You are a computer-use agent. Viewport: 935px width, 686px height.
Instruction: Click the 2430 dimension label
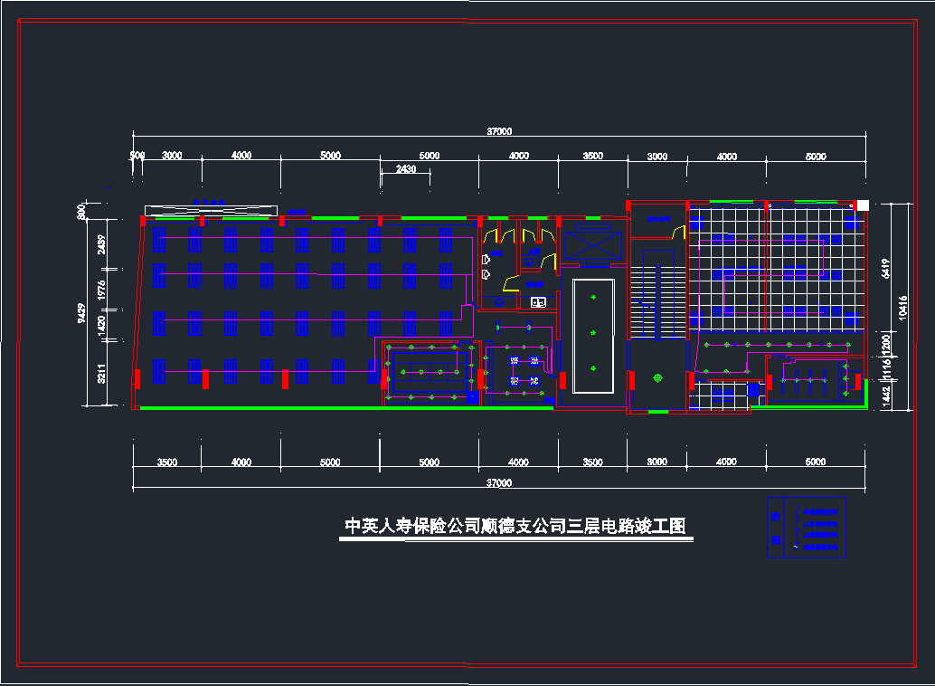[406, 169]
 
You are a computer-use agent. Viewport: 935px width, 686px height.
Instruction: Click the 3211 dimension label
[102, 374]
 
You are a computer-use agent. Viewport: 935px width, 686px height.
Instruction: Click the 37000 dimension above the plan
[499, 132]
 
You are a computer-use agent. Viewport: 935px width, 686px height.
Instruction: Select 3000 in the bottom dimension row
[657, 462]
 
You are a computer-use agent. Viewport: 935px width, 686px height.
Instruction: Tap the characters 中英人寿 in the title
[374, 527]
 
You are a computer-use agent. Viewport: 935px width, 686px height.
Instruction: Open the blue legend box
[806, 528]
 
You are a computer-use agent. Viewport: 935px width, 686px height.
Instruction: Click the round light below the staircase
[658, 378]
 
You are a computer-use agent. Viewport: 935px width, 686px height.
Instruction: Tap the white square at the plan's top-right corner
[863, 205]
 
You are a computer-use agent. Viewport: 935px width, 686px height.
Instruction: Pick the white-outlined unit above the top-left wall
[210, 211]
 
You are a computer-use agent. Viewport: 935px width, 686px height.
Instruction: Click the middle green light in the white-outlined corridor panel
[592, 332]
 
